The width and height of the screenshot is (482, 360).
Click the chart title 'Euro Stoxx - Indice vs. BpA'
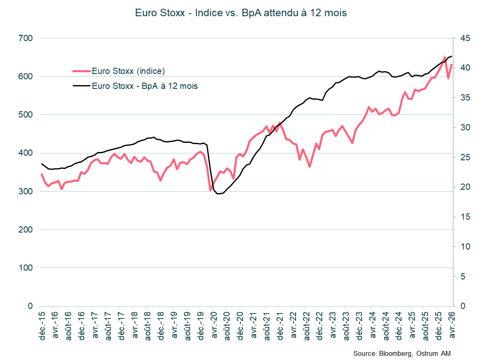tap(241, 13)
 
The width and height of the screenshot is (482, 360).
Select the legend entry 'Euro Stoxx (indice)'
tap(128, 71)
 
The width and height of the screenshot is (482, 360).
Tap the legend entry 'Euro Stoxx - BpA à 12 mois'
tap(144, 86)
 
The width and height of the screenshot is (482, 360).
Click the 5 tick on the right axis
tap(462, 277)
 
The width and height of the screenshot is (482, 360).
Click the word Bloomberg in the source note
tap(394, 353)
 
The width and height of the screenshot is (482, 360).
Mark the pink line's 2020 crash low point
tap(210, 190)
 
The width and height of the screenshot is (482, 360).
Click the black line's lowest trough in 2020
tap(219, 193)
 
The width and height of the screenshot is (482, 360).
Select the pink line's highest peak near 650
tap(445, 57)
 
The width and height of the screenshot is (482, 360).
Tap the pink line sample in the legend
tap(81, 71)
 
